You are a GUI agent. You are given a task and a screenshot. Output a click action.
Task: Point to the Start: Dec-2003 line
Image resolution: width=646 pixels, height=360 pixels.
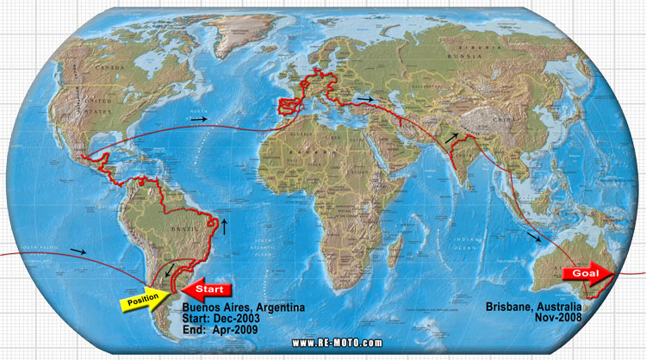(x=221, y=317)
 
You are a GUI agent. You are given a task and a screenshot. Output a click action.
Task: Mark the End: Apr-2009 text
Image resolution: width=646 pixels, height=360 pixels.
(x=221, y=328)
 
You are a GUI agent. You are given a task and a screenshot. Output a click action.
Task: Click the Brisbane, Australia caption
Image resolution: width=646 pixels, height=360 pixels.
(x=533, y=306)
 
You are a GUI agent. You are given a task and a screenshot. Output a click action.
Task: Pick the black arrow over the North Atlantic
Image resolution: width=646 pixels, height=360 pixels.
(x=199, y=118)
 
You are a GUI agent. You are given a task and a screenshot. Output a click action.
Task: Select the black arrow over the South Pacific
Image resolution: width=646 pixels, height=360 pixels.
(x=78, y=251)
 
